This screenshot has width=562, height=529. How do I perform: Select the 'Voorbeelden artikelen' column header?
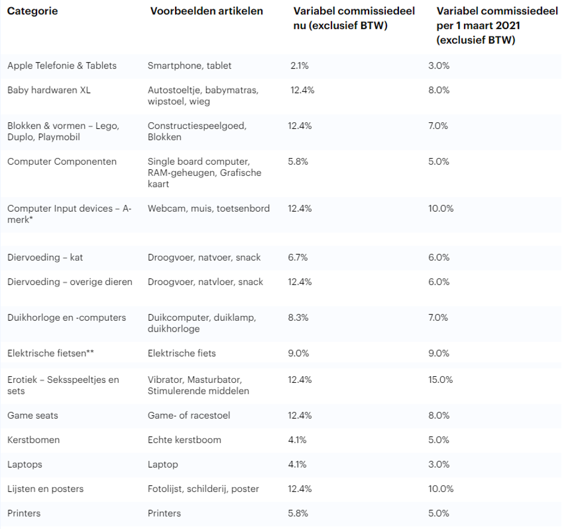(x=206, y=12)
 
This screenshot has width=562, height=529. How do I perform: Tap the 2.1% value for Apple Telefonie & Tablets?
(x=299, y=66)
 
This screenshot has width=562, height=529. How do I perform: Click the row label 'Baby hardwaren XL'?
(x=48, y=90)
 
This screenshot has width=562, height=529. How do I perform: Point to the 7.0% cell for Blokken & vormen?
(x=438, y=126)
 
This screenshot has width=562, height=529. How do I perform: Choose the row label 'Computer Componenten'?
(x=62, y=162)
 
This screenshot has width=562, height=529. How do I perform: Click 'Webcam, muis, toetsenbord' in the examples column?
(x=208, y=209)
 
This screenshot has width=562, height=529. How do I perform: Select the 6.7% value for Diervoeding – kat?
(x=298, y=258)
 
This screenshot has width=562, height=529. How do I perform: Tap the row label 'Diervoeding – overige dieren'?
(x=69, y=281)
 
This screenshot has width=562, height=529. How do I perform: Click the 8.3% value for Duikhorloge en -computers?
(x=298, y=317)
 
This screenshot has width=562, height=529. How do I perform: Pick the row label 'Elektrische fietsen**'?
(x=51, y=353)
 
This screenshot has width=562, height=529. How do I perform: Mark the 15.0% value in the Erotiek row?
(x=440, y=379)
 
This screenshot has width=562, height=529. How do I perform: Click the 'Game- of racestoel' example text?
(x=189, y=415)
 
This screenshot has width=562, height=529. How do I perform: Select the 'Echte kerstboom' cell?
(x=184, y=440)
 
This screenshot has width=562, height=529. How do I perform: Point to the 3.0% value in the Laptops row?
(x=438, y=464)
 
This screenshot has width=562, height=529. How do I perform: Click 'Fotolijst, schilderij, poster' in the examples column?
(x=203, y=488)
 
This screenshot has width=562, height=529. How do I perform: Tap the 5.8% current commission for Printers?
(x=298, y=513)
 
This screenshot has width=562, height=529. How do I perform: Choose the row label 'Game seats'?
(x=33, y=415)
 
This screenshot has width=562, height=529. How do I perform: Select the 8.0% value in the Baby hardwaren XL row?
(x=438, y=90)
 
